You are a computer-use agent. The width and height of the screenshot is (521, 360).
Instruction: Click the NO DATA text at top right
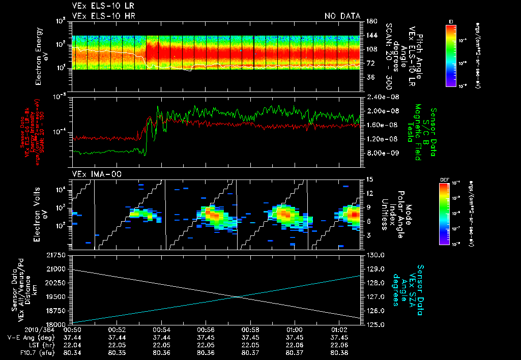342,16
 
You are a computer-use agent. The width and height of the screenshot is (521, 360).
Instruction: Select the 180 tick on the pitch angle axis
370,21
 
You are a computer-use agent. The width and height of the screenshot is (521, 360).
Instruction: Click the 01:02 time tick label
338,329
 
